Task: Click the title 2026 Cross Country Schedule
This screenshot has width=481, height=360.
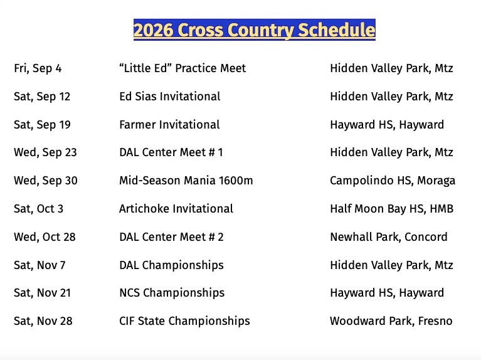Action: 255,29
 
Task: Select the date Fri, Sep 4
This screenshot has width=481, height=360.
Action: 38,68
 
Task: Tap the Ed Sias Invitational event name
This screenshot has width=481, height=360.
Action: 170,97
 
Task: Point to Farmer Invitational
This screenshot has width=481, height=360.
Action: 169,125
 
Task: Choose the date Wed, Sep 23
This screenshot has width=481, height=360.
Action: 45,152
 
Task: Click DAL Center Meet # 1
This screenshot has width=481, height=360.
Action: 171,152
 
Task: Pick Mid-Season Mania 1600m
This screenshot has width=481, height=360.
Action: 186,181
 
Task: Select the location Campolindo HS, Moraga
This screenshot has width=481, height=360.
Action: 393,181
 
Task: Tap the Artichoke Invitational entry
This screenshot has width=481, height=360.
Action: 176,209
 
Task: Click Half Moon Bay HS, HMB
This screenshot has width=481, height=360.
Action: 392,209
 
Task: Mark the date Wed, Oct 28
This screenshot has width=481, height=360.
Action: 45,237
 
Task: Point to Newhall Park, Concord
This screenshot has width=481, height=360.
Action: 389,237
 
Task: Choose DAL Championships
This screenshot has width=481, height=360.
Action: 171,265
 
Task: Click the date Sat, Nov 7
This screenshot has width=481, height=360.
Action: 40,265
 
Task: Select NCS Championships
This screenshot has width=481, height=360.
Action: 172,293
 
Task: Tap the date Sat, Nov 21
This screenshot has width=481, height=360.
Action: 43,293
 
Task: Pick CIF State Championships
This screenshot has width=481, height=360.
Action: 184,321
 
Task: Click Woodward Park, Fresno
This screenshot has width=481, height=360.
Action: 391,321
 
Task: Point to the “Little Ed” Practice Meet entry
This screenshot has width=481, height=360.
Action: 182,68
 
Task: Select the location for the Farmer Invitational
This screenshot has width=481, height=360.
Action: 387,125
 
